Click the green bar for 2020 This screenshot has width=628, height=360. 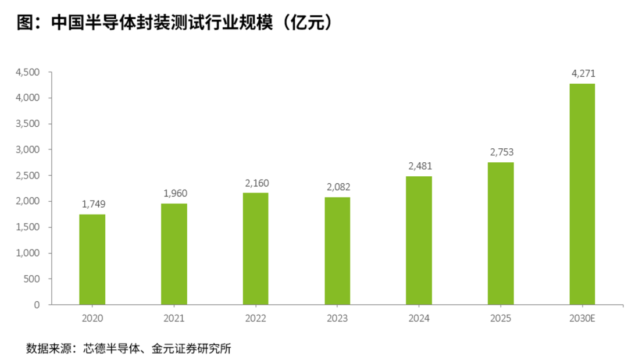(x=92, y=259)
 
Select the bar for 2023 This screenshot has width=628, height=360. (x=337, y=251)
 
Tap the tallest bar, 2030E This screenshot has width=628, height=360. (x=582, y=194)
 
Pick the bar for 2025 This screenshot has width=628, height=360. (x=501, y=233)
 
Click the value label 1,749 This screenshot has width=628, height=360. (x=94, y=204)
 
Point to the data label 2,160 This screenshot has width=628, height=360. (x=257, y=183)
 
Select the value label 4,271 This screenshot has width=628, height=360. (x=584, y=74)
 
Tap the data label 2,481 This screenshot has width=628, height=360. (x=420, y=166)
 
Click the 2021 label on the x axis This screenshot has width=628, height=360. (x=174, y=318)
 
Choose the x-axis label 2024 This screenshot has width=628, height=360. (x=419, y=318)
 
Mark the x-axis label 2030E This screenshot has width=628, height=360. (x=582, y=318)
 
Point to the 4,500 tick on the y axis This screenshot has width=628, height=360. (x=28, y=73)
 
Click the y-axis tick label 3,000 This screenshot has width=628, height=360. (x=28, y=150)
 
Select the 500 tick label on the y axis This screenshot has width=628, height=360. (x=31, y=279)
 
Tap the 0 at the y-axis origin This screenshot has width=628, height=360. (x=37, y=305)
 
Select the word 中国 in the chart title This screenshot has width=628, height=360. (x=67, y=23)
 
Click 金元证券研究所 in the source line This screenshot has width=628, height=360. (x=191, y=348)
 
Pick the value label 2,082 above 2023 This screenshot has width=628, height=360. (x=338, y=187)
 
